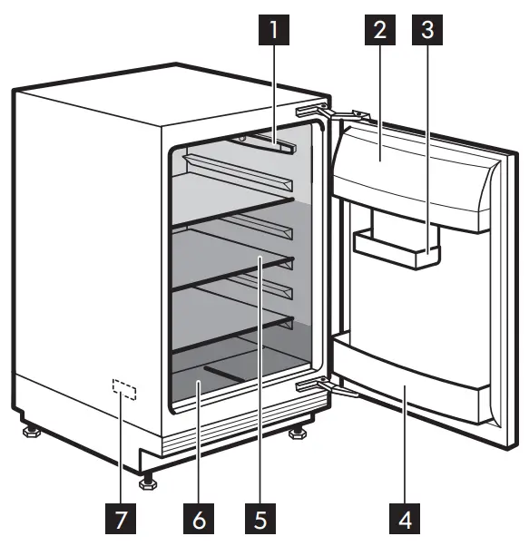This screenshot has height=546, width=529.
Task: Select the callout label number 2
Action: tap(378, 32)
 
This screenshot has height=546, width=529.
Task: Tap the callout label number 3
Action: tap(424, 32)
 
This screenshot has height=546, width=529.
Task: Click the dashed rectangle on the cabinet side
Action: tap(123, 389)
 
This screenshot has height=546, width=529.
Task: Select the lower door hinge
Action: tap(327, 387)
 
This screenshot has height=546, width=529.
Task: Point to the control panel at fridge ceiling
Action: tap(263, 142)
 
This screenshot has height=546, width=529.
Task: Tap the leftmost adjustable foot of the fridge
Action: tap(28, 426)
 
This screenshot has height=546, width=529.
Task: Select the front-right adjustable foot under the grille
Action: tap(297, 434)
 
